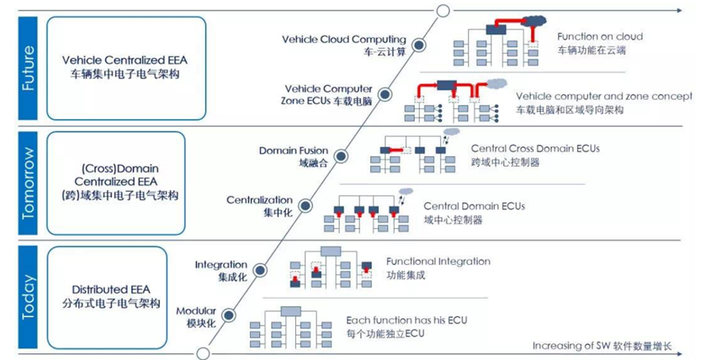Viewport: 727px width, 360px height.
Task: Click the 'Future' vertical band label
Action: pyautogui.click(x=29, y=68)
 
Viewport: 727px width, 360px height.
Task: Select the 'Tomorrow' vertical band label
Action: pyautogui.click(x=29, y=183)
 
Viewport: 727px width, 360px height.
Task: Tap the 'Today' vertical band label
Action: pyautogui.click(x=29, y=297)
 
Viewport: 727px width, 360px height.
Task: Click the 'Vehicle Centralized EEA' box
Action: pyautogui.click(x=126, y=68)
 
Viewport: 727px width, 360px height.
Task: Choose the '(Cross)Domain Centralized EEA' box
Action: pyautogui.click(x=116, y=183)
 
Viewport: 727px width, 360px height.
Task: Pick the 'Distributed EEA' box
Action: pyautogui.click(x=107, y=298)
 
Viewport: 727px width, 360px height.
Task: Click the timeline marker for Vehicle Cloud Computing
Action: pyautogui.click(x=419, y=45)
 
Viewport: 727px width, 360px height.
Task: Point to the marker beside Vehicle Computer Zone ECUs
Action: pyautogui.click(x=385, y=95)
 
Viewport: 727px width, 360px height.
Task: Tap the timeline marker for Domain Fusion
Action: pyautogui.click(x=341, y=156)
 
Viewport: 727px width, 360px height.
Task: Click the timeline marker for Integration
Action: pyautogui.click(x=260, y=270)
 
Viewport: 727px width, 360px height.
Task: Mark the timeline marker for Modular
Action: pyautogui.click(x=228, y=316)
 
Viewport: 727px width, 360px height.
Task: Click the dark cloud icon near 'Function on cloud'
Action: pyautogui.click(x=534, y=20)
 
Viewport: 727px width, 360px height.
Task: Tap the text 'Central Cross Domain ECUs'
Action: pyautogui.click(x=535, y=149)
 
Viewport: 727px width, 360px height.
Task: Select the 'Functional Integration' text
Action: pyautogui.click(x=438, y=262)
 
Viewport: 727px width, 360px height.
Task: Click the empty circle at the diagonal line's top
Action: pyautogui.click(x=443, y=10)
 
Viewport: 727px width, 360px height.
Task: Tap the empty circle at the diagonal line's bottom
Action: pyautogui.click(x=203, y=353)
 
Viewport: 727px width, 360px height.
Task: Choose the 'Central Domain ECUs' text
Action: pyautogui.click(x=475, y=206)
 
